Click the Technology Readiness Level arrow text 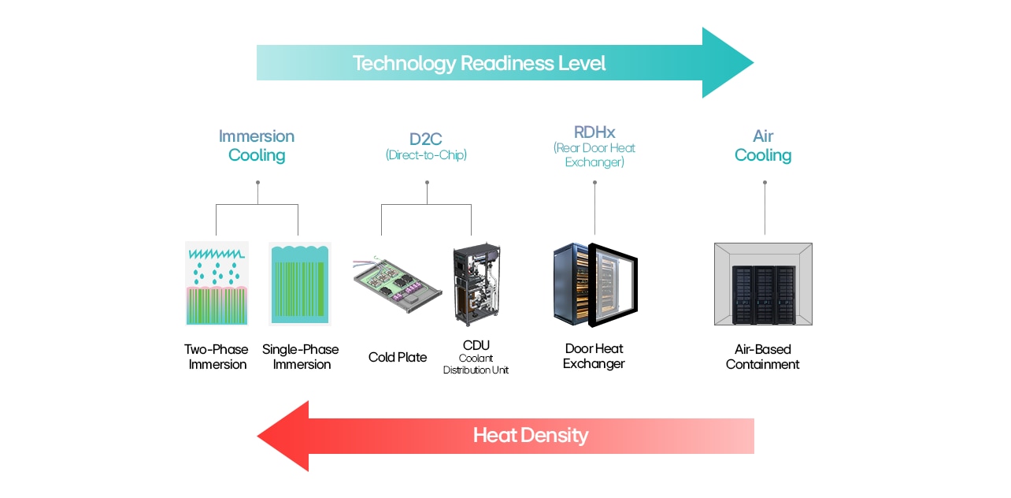pyautogui.click(x=479, y=63)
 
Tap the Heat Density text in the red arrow pyautogui.click(x=530, y=435)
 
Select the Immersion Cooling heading pyautogui.click(x=257, y=146)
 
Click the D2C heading pyautogui.click(x=426, y=139)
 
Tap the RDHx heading pyautogui.click(x=594, y=132)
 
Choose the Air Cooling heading pyautogui.click(x=762, y=146)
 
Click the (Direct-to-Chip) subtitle pyautogui.click(x=426, y=155)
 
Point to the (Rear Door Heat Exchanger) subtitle pyautogui.click(x=594, y=155)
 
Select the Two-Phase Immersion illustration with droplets pyautogui.click(x=217, y=284)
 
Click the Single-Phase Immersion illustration pyautogui.click(x=300, y=284)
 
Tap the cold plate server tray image pyautogui.click(x=396, y=284)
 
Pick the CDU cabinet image pyautogui.click(x=476, y=284)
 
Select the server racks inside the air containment pyautogui.click(x=763, y=292)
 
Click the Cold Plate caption pyautogui.click(x=398, y=357)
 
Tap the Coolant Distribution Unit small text pyautogui.click(x=476, y=364)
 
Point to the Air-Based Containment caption pyautogui.click(x=762, y=357)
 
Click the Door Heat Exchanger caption pyautogui.click(x=594, y=356)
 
